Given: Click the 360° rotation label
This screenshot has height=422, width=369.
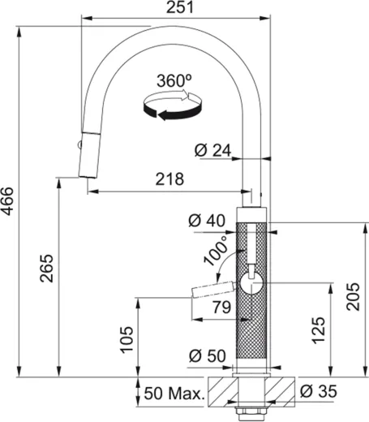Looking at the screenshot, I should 171,81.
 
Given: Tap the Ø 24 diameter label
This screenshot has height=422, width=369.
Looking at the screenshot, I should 213,149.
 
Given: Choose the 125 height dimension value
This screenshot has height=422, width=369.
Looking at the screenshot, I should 318,328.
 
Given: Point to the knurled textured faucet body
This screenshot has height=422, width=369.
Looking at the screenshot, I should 251,325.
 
